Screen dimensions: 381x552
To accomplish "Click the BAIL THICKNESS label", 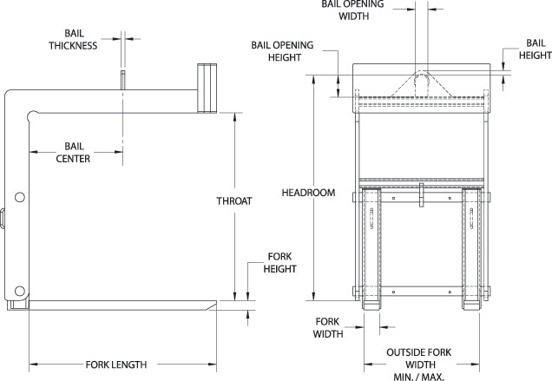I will click(x=72, y=39).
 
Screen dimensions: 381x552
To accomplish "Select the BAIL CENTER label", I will click(x=72, y=152).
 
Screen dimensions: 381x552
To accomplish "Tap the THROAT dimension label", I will click(x=234, y=201).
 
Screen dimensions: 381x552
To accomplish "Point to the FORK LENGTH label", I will click(x=115, y=365).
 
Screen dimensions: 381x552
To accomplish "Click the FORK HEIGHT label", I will click(x=279, y=263).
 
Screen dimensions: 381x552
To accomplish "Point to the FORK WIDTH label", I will click(x=326, y=325).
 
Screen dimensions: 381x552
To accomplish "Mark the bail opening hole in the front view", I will click(x=422, y=82).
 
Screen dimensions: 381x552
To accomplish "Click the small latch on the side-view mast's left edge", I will click(x=3, y=217).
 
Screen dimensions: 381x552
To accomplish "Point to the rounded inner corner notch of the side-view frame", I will click(x=32, y=113).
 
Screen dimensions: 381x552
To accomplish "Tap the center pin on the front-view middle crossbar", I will click(x=420, y=194).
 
